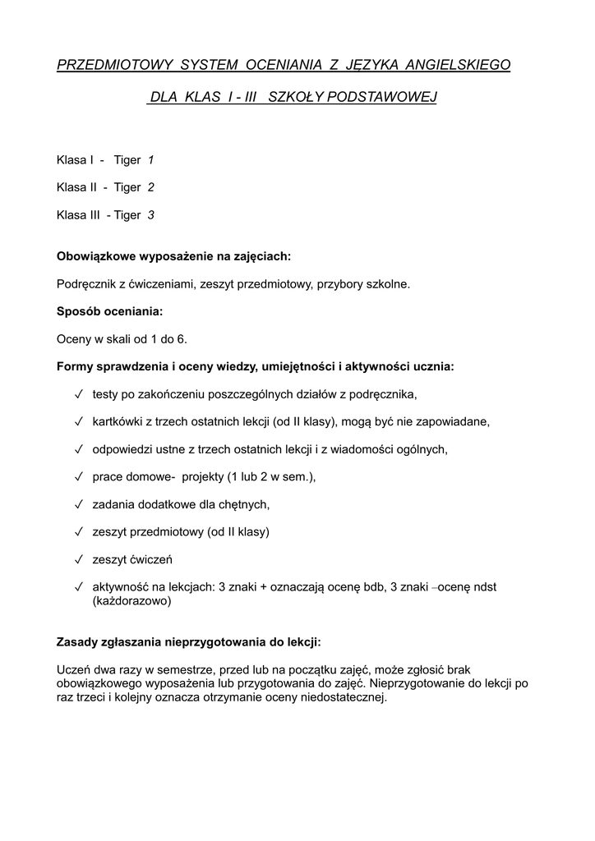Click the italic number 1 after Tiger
coord(150,159)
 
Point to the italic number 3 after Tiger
coord(150,215)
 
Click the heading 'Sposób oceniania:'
coord(109,311)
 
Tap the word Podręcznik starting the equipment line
coord(86,284)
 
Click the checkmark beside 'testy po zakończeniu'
coord(78,394)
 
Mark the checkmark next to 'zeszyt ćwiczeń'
coord(78,559)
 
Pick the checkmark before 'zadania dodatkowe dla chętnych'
coord(78,504)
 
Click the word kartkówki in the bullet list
coord(118,421)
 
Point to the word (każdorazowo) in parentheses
coord(131,600)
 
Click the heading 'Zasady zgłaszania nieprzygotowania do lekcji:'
coord(188,641)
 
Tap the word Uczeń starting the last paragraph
coord(74,669)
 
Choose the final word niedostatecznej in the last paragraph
coord(344,697)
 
